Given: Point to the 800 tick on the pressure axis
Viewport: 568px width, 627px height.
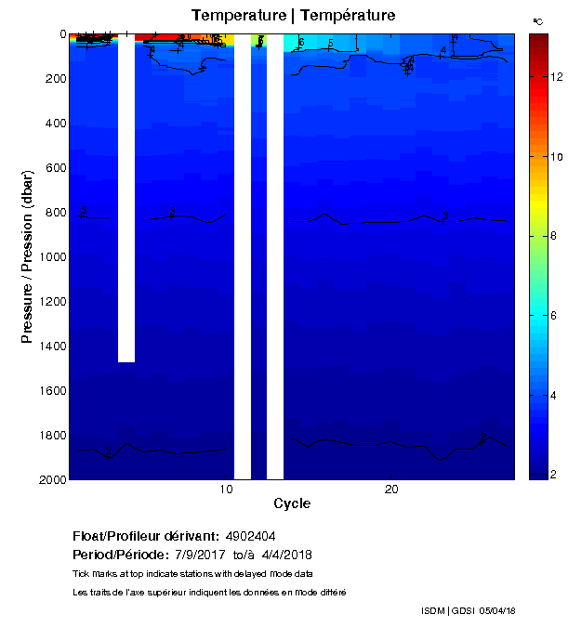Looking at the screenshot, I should (x=55, y=213).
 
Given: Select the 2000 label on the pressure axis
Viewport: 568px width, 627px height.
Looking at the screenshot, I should (x=51, y=479).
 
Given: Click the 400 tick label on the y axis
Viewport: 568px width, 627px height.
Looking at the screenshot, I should (x=55, y=124).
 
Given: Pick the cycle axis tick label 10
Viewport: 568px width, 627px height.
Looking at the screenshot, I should (x=226, y=490).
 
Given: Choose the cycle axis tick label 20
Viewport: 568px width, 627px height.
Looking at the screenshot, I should (x=390, y=490).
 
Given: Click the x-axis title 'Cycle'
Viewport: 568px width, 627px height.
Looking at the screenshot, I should (x=292, y=504).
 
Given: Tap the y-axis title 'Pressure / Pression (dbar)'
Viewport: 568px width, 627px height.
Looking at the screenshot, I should (x=28, y=256).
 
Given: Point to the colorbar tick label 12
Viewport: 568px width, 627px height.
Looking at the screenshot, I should (x=550, y=78).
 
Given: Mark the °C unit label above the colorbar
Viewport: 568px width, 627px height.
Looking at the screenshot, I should (x=537, y=20).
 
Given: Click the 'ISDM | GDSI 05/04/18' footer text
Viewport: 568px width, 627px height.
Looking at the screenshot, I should (x=469, y=610).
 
